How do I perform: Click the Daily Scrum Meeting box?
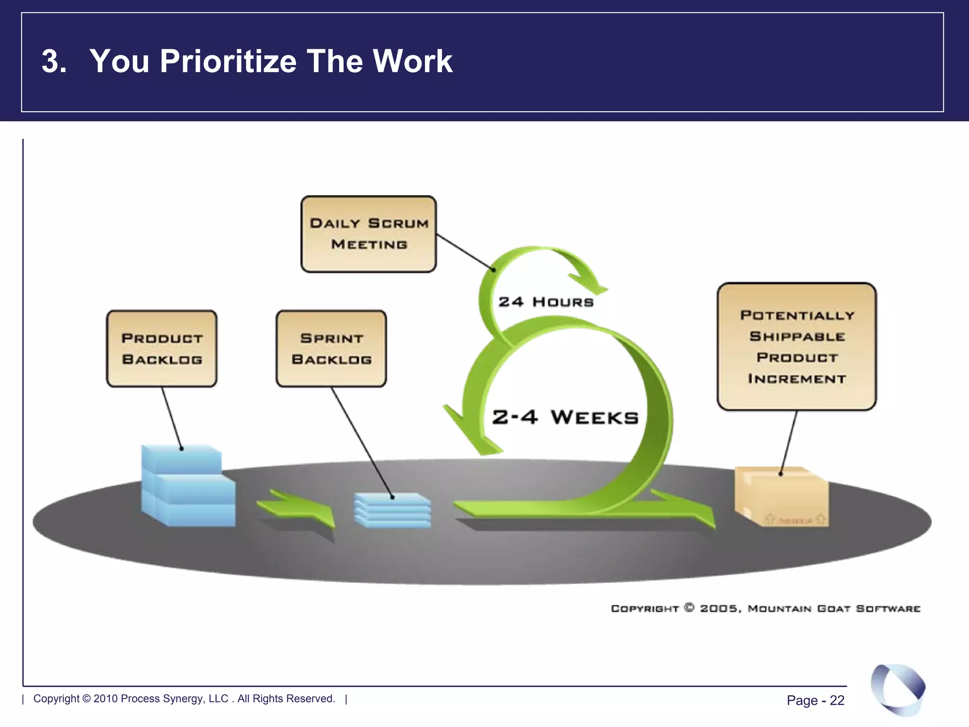(x=369, y=234)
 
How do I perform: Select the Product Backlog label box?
(x=162, y=349)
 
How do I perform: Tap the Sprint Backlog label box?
(x=331, y=349)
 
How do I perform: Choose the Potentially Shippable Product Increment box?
(x=797, y=346)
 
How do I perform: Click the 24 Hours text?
(x=546, y=302)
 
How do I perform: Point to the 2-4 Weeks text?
(x=565, y=417)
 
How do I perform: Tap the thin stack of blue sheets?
(x=393, y=510)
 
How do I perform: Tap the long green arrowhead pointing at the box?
(x=691, y=509)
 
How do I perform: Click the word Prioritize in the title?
(x=228, y=62)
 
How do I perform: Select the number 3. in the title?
(x=53, y=62)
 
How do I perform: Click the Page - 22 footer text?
(x=815, y=700)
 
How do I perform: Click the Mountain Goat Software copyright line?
(x=765, y=608)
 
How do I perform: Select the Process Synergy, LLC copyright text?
(x=184, y=699)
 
